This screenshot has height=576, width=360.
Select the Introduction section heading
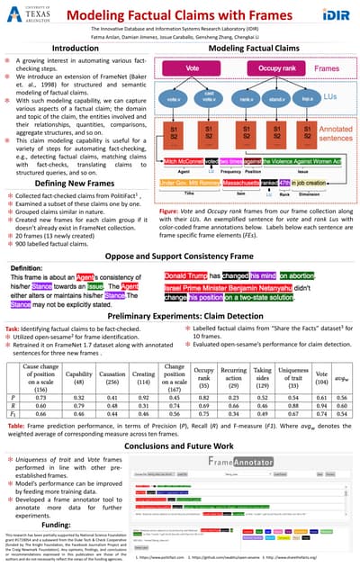click(x=75, y=49)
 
